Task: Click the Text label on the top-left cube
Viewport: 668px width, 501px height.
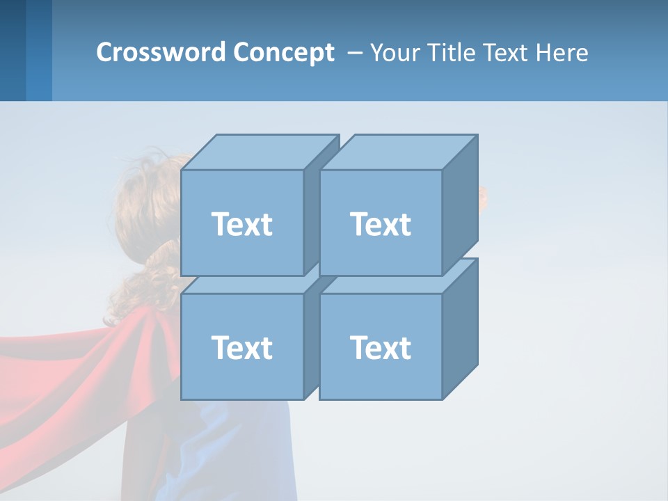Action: click(x=241, y=224)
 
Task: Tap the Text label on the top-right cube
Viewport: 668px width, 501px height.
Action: click(x=380, y=224)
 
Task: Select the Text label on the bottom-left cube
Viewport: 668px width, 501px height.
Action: click(x=241, y=347)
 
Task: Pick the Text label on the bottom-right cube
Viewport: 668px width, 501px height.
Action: click(x=380, y=347)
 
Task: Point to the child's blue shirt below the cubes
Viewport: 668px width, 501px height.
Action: click(x=230, y=452)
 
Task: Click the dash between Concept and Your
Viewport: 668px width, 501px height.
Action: click(x=353, y=53)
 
